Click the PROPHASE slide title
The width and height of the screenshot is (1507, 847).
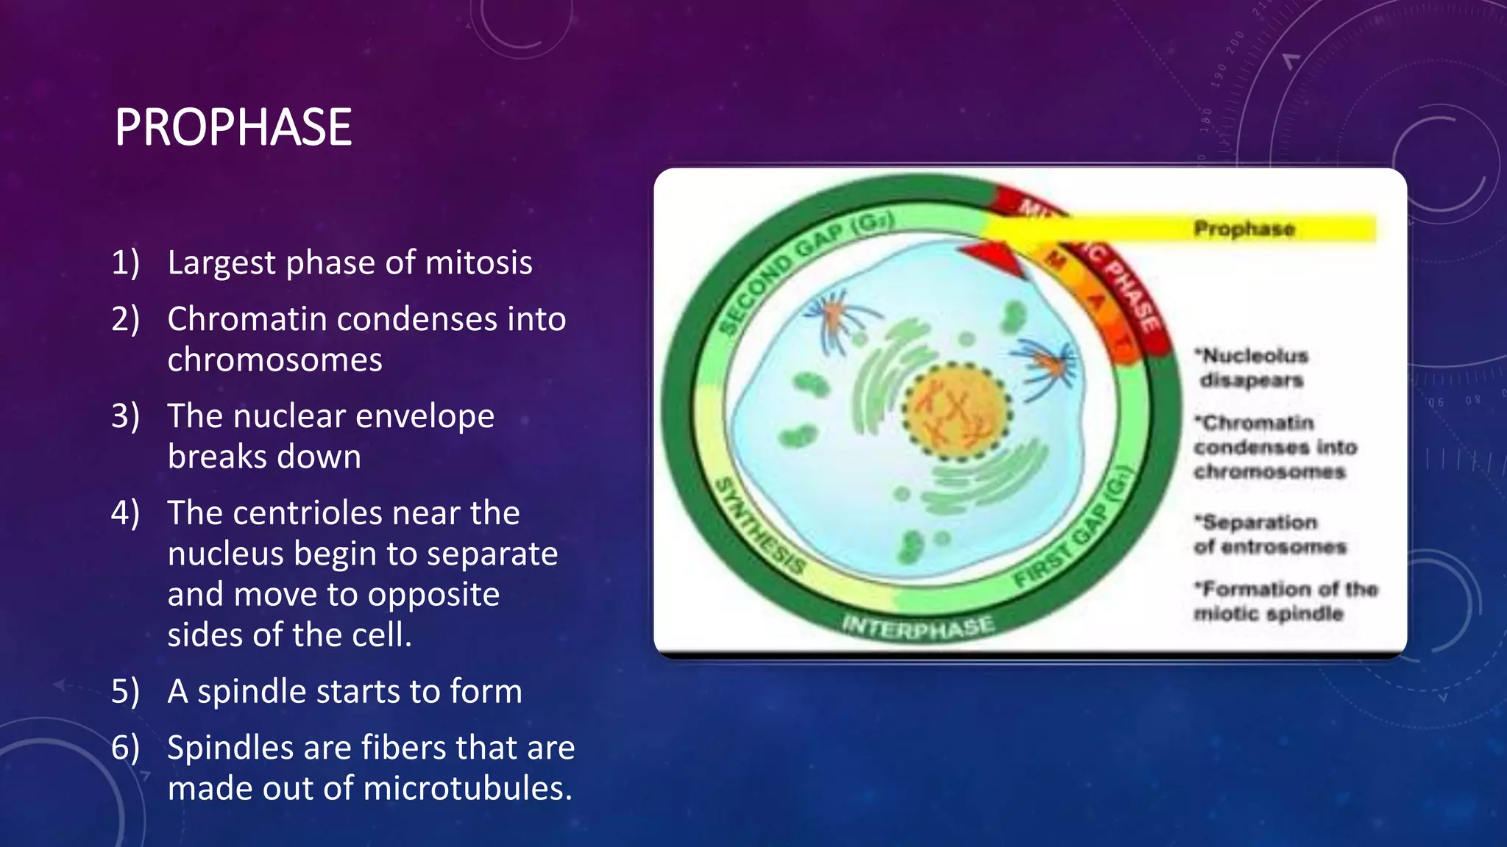(x=233, y=127)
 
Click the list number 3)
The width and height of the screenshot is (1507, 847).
(x=125, y=416)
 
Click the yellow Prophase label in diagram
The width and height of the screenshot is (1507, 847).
(x=1244, y=229)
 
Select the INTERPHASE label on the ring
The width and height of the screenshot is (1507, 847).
(x=918, y=626)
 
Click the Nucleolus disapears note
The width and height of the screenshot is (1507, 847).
(x=1253, y=368)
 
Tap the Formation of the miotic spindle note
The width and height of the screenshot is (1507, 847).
(x=1284, y=601)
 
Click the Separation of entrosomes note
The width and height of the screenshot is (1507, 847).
(x=1269, y=534)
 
